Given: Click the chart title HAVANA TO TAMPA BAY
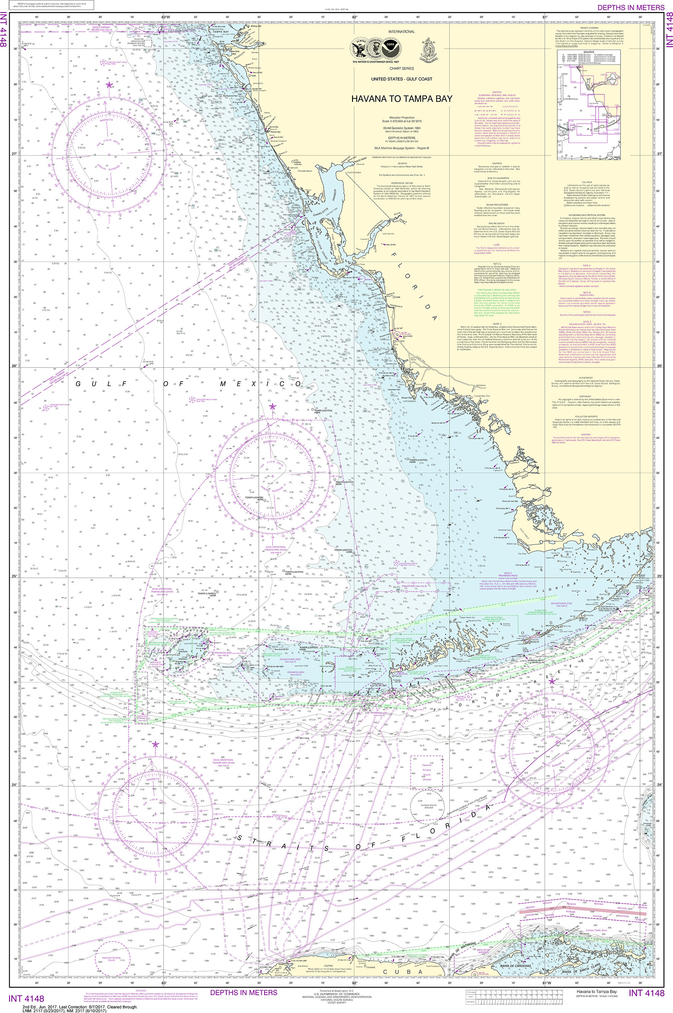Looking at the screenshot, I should pyautogui.click(x=401, y=98).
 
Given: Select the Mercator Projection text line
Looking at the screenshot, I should pyautogui.click(x=401, y=117).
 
